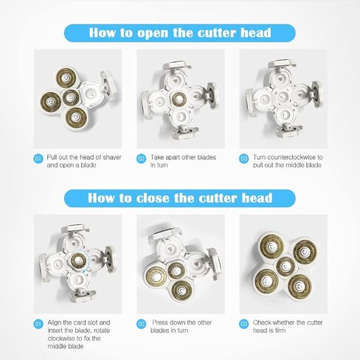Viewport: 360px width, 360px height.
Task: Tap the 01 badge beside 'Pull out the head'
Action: pos(38,159)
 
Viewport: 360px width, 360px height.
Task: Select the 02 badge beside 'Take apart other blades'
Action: pos(141,159)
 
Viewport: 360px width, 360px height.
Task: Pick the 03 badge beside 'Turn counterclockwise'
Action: pos(243,159)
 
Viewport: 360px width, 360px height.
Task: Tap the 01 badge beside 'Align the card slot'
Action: pos(38,324)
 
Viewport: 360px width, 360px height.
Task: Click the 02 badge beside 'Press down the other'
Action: pos(141,324)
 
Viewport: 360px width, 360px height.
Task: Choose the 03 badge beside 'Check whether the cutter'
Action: pos(243,324)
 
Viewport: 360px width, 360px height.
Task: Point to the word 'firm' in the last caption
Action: pos(280,330)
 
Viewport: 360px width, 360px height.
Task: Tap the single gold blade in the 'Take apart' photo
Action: pos(179,99)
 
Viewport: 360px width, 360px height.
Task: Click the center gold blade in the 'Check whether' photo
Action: pos(285,266)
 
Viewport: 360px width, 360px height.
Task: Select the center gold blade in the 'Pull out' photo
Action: pos(71,97)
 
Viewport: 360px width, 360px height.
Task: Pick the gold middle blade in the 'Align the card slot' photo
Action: pos(78,260)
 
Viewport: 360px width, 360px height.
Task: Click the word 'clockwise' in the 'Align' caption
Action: pos(60,339)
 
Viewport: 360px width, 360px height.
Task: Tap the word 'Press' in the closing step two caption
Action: pos(160,322)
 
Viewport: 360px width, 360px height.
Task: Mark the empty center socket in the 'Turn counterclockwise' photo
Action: pos(283,97)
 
